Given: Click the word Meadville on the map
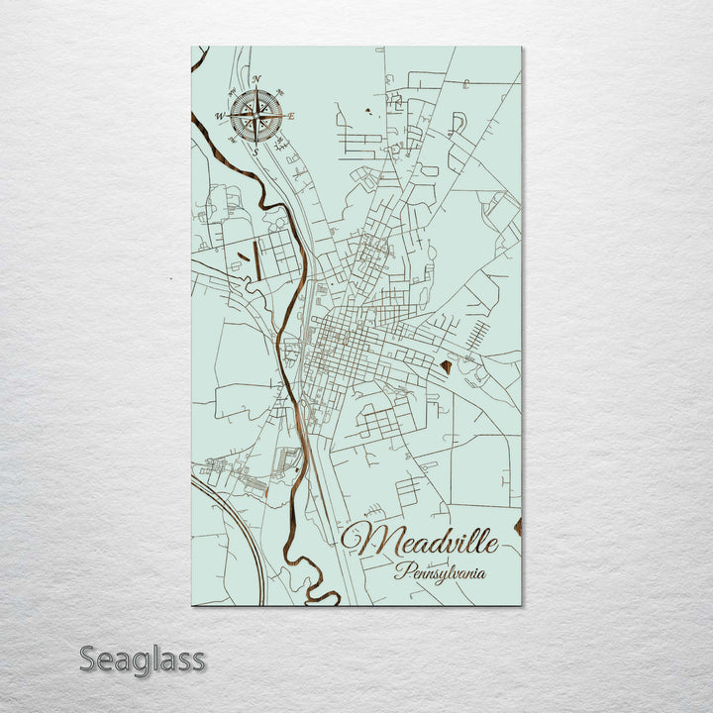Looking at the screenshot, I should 428,542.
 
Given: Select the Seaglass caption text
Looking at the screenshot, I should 142,659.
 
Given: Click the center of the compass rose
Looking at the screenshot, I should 255,116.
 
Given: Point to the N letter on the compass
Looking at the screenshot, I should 255,79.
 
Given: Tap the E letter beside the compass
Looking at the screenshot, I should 292,116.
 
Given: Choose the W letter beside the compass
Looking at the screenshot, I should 219,116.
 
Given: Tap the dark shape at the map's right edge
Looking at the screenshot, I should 517,525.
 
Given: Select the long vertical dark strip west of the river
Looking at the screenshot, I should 256,259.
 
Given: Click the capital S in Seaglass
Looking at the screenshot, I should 88,659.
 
